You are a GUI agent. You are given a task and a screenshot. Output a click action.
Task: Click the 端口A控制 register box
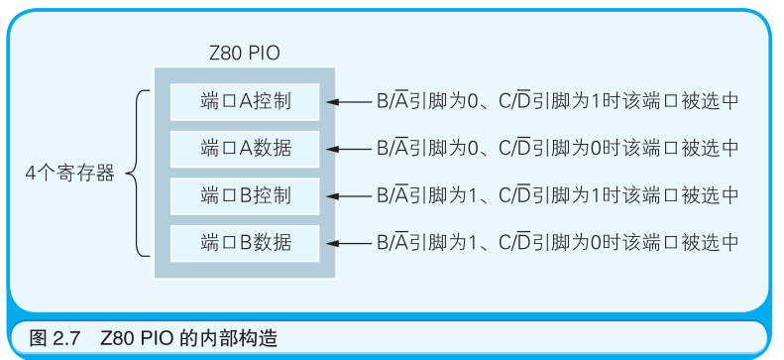pyautogui.click(x=245, y=100)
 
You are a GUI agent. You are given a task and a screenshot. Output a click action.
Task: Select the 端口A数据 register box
pyautogui.click(x=245, y=148)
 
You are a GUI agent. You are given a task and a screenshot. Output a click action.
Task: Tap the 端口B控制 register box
pyautogui.click(x=245, y=193)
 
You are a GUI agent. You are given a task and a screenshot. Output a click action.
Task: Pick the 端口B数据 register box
pyautogui.click(x=245, y=241)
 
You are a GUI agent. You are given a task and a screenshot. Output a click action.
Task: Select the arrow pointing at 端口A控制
pyautogui.click(x=346, y=101)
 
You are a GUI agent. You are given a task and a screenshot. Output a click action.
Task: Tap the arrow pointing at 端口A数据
pyautogui.click(x=346, y=149)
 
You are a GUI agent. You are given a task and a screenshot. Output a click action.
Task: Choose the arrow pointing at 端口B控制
pyautogui.click(x=346, y=194)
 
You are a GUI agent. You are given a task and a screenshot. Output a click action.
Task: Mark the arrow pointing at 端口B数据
pyautogui.click(x=346, y=242)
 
